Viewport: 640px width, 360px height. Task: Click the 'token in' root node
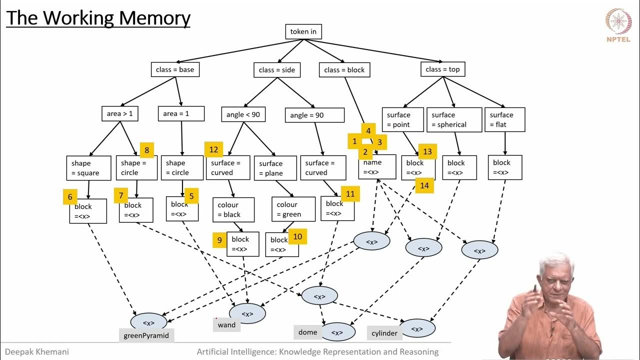[x=303, y=31]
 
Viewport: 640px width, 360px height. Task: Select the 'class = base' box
[x=175, y=69]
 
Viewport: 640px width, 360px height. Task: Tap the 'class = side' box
[x=276, y=70]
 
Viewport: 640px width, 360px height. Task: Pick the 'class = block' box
[x=344, y=70]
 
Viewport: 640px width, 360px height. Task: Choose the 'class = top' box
[x=442, y=69]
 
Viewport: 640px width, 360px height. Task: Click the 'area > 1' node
[x=120, y=114]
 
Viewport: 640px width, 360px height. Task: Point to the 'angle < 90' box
[x=243, y=114]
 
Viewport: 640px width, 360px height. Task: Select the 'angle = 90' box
[x=314, y=115]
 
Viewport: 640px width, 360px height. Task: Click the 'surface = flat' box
[x=504, y=119]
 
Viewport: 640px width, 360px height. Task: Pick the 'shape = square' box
[x=88, y=168]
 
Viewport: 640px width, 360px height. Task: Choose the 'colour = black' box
[x=233, y=210]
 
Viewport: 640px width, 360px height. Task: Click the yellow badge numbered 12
[x=213, y=149]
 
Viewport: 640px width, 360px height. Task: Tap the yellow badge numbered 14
[x=424, y=185]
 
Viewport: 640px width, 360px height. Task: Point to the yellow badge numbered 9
[x=219, y=240]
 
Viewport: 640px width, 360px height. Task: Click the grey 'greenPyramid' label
[x=146, y=335]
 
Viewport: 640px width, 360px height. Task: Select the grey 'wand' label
[x=226, y=325]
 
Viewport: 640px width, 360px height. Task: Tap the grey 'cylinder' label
[x=384, y=333]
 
